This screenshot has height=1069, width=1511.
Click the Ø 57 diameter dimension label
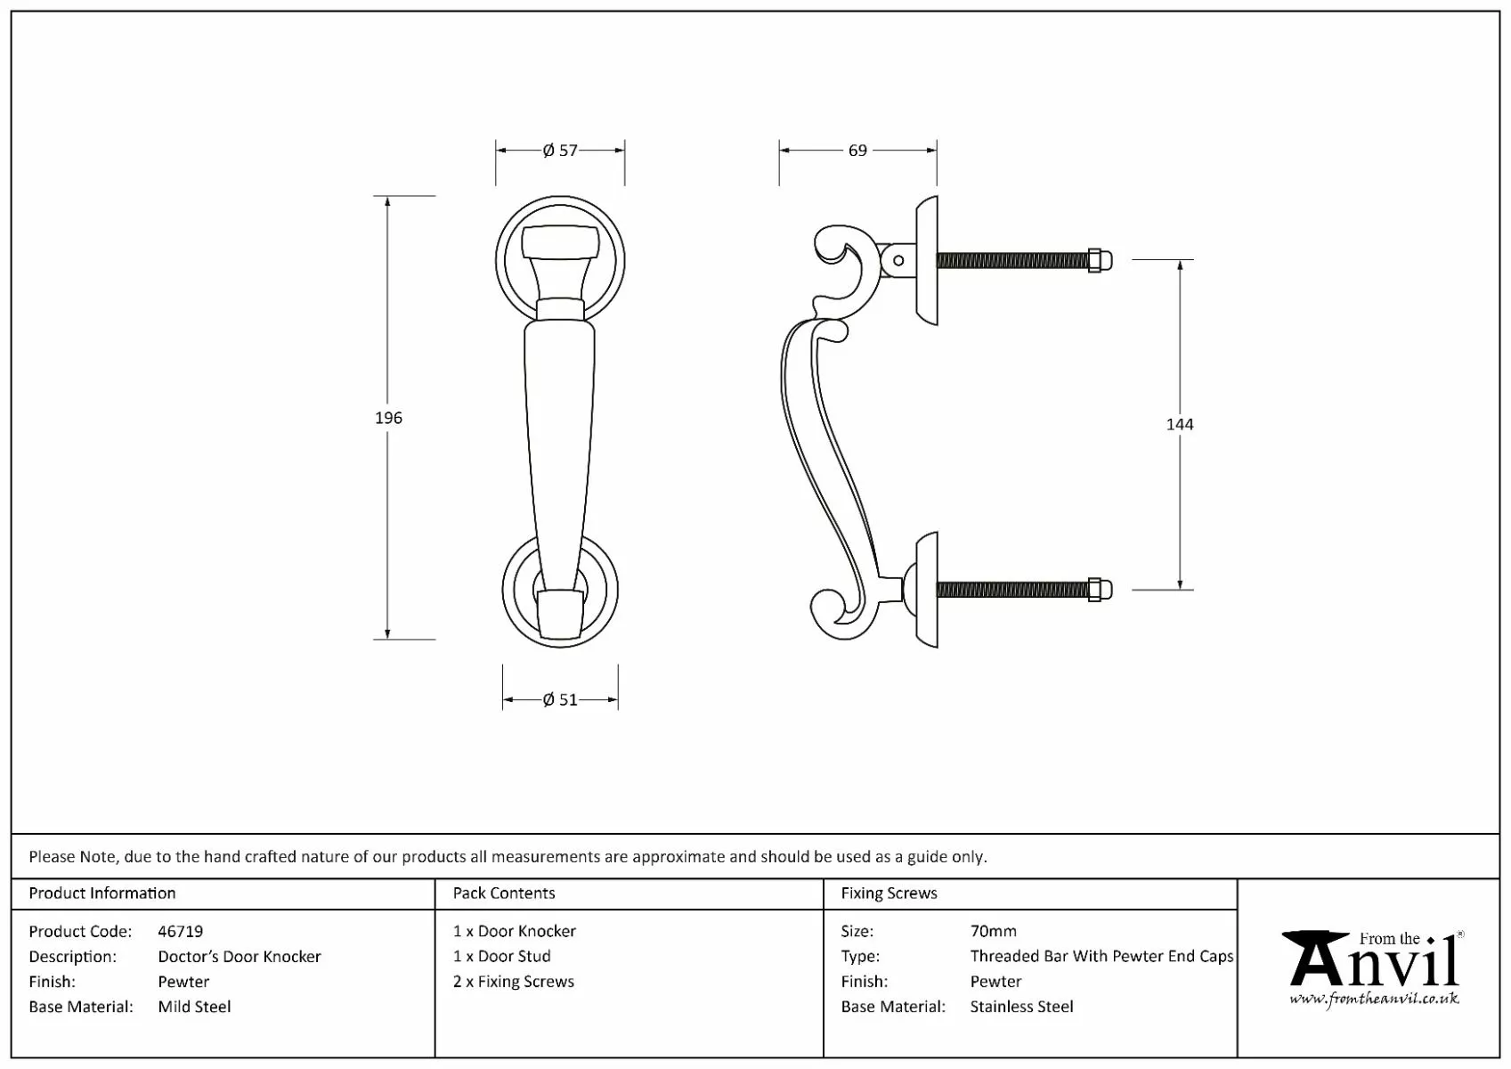tap(560, 151)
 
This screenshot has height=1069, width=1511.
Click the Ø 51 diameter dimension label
tap(560, 700)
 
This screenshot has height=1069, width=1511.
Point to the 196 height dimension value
tap(388, 418)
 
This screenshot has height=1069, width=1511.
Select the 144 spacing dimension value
tap(1180, 424)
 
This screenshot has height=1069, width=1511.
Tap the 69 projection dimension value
tap(857, 151)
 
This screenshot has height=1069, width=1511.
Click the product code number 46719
tap(180, 931)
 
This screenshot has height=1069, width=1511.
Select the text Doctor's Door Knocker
tap(240, 956)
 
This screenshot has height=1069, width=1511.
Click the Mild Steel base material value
tap(194, 1007)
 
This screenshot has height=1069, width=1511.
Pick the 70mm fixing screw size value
tap(993, 931)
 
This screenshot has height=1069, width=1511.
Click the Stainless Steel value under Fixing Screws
tap(1021, 1007)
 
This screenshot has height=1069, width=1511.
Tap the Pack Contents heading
tap(504, 893)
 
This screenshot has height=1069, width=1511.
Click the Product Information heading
tap(102, 893)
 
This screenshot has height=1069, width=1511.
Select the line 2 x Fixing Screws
tap(514, 981)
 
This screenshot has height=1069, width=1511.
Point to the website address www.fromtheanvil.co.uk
tap(1374, 999)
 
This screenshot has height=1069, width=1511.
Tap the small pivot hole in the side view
tap(898, 260)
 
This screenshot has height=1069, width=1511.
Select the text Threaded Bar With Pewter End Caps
tap(1101, 956)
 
